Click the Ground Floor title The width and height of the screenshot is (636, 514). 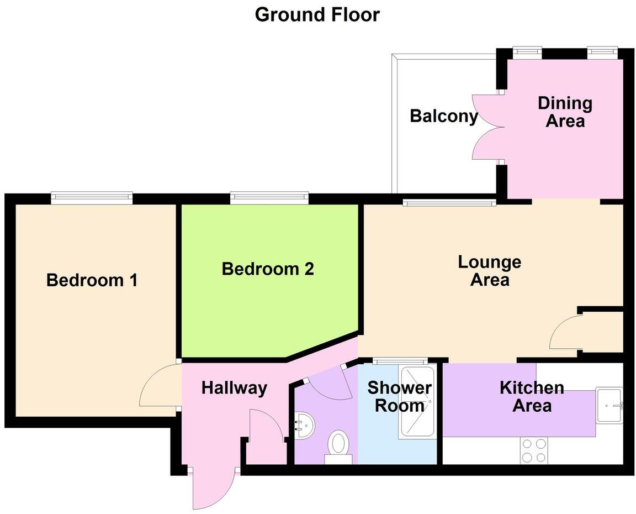[317, 15]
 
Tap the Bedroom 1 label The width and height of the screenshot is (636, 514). [92, 280]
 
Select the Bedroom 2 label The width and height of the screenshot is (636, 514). [268, 269]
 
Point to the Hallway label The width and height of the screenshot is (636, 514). [234, 388]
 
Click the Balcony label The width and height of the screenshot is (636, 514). [443, 117]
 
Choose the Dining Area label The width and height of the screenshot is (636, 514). [565, 112]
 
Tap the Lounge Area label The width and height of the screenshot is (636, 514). [489, 270]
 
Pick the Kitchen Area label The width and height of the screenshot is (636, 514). [532, 396]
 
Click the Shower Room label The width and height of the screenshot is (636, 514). [399, 396]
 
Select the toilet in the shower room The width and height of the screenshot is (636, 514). [338, 445]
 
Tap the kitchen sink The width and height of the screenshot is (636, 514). [609, 406]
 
